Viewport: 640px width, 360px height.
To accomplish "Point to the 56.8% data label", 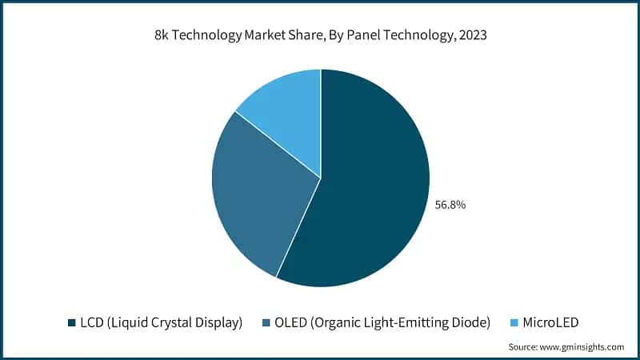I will point(450,205).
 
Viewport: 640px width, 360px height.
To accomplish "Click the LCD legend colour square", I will point(70,323).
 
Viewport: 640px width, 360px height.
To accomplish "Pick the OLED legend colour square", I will point(267,323).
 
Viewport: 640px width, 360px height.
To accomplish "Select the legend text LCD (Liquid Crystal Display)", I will point(160,323).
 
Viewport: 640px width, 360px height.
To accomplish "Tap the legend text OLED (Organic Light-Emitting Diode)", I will point(383,323).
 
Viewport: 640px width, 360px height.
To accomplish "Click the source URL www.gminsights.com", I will point(582,347).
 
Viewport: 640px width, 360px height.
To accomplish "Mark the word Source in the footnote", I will point(523,347).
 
